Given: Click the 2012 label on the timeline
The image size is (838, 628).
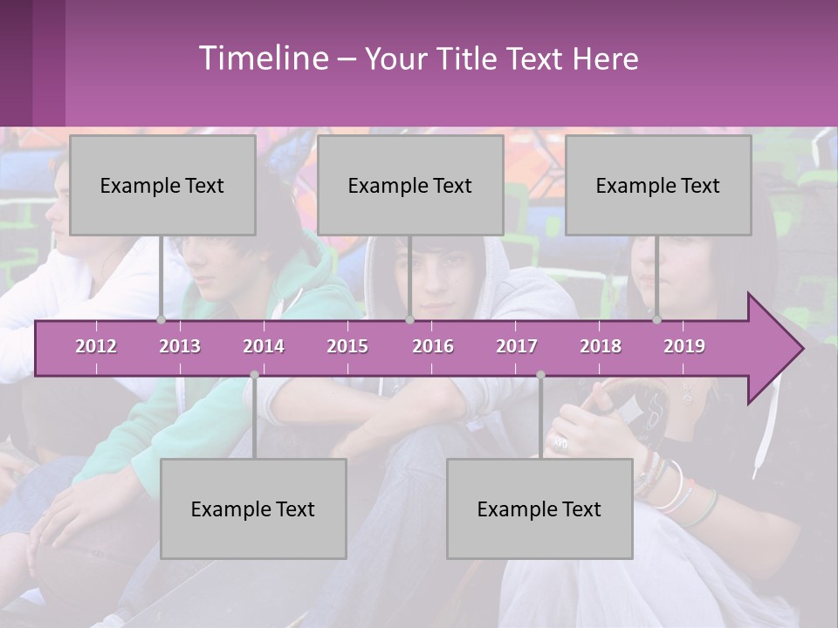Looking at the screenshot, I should tap(96, 346).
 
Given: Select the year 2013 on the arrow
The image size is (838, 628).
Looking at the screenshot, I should tap(180, 346).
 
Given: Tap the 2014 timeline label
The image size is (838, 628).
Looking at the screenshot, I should tap(264, 346).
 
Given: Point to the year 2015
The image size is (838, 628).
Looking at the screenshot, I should tap(347, 346).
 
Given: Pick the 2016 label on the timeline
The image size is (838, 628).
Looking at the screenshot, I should tap(433, 346).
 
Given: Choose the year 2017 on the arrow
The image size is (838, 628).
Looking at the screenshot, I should tap(517, 346).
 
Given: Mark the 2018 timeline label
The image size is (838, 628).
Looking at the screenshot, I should tap(601, 346).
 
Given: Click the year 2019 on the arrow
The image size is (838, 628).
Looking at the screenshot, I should tap(684, 346).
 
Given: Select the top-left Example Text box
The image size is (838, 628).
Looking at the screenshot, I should tap(162, 185).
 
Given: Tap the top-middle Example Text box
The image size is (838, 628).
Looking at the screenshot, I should tap(410, 185).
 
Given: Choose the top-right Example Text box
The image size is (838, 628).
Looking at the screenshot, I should tap(658, 185).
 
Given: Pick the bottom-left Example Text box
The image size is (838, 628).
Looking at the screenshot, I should tap(253, 509).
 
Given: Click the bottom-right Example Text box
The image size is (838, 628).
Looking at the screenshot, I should tap(539, 509).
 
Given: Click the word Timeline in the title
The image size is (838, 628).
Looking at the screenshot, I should tap(262, 58).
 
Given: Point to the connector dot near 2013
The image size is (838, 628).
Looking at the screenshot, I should tap(161, 320).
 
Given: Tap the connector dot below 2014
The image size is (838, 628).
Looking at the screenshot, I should tap(254, 375).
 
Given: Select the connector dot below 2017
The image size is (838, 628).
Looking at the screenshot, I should tap(540, 375).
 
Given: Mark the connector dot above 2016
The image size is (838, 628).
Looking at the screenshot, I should tap(409, 320).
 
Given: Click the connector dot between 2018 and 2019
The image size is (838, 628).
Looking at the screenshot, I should tap(657, 320).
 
